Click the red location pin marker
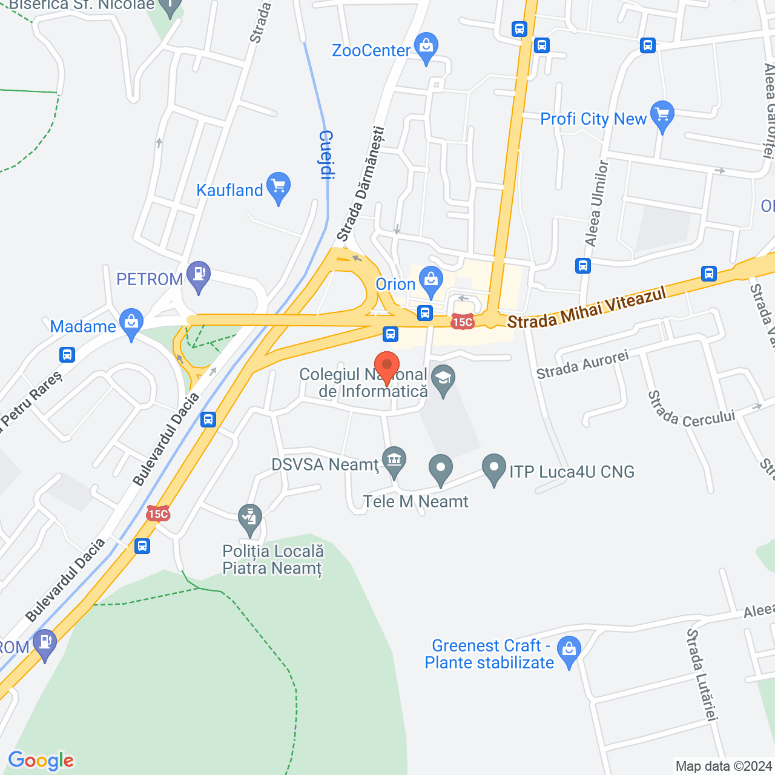[x=387, y=366]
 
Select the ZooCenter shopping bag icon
[x=427, y=47]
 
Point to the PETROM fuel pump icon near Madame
[x=199, y=275]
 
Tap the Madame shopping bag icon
[x=131, y=323]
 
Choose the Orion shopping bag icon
[x=431, y=281]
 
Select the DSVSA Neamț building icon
[x=394, y=461]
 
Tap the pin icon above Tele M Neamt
[x=441, y=469]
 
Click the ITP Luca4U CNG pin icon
[x=494, y=468]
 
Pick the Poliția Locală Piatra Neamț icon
[x=249, y=518]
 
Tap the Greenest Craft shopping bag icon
[x=569, y=651]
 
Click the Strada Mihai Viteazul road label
[x=587, y=308]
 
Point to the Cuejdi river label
[x=327, y=155]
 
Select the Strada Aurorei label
[x=582, y=364]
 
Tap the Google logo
[x=41, y=760]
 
